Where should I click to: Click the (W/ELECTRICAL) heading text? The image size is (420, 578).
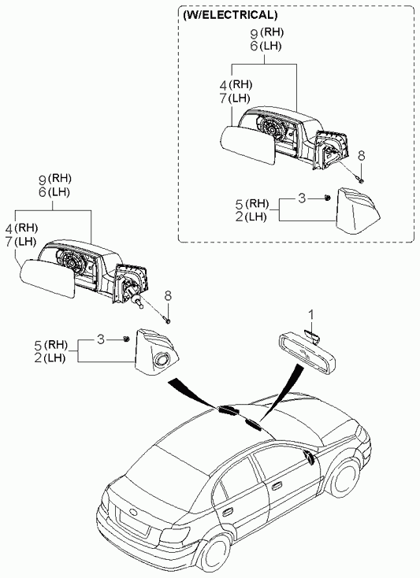coord(230,15)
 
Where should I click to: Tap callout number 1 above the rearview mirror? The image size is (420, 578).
coord(311,315)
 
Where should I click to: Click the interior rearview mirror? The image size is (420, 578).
coord(308,351)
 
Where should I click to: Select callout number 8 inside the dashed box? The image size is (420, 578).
coord(362,156)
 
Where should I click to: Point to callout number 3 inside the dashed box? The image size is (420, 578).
coord(302,198)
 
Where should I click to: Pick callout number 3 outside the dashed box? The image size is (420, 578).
coord(101,339)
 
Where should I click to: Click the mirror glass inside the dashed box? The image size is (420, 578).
coord(247,145)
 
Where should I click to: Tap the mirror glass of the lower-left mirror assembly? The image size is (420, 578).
coord(46,277)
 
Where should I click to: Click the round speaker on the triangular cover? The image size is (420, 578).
coord(162,358)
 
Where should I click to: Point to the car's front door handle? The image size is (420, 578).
coord(276,487)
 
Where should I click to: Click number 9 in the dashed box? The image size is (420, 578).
coord(254,34)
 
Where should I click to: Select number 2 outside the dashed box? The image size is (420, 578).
coord(38,358)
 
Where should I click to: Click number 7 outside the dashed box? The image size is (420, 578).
coord(9,243)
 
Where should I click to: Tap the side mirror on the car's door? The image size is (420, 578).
coord(309,457)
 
